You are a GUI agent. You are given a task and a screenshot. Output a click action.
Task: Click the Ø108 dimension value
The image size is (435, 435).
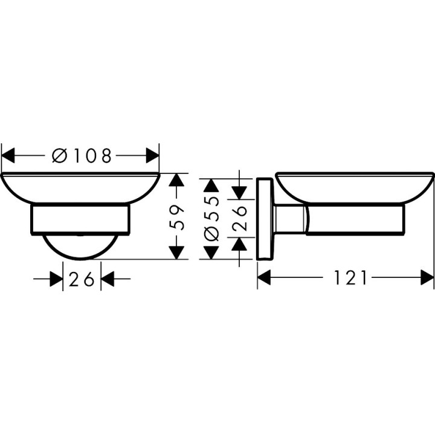(82, 156)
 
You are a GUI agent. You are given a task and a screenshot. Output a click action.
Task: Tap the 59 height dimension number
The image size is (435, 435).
(176, 217)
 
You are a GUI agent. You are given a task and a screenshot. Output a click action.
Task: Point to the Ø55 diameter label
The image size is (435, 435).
(211, 218)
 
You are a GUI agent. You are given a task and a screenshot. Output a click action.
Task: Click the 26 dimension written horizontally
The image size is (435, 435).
(82, 279)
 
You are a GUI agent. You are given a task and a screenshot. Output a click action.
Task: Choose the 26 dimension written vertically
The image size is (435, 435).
(240, 218)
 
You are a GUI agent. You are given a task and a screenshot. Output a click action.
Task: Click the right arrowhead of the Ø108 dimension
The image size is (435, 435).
(152, 156)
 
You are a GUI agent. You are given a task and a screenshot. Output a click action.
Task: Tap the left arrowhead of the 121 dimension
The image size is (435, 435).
(265, 278)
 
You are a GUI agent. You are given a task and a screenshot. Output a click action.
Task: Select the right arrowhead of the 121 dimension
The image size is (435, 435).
(427, 278)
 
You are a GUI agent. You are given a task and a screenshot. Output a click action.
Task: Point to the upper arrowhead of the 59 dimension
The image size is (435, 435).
(176, 181)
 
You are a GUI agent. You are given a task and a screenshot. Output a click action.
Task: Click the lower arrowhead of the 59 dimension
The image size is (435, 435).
(176, 252)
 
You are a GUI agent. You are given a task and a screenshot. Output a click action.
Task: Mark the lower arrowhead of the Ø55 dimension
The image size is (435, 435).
(211, 252)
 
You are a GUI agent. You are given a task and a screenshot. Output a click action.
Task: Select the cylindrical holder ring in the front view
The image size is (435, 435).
(80, 219)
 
